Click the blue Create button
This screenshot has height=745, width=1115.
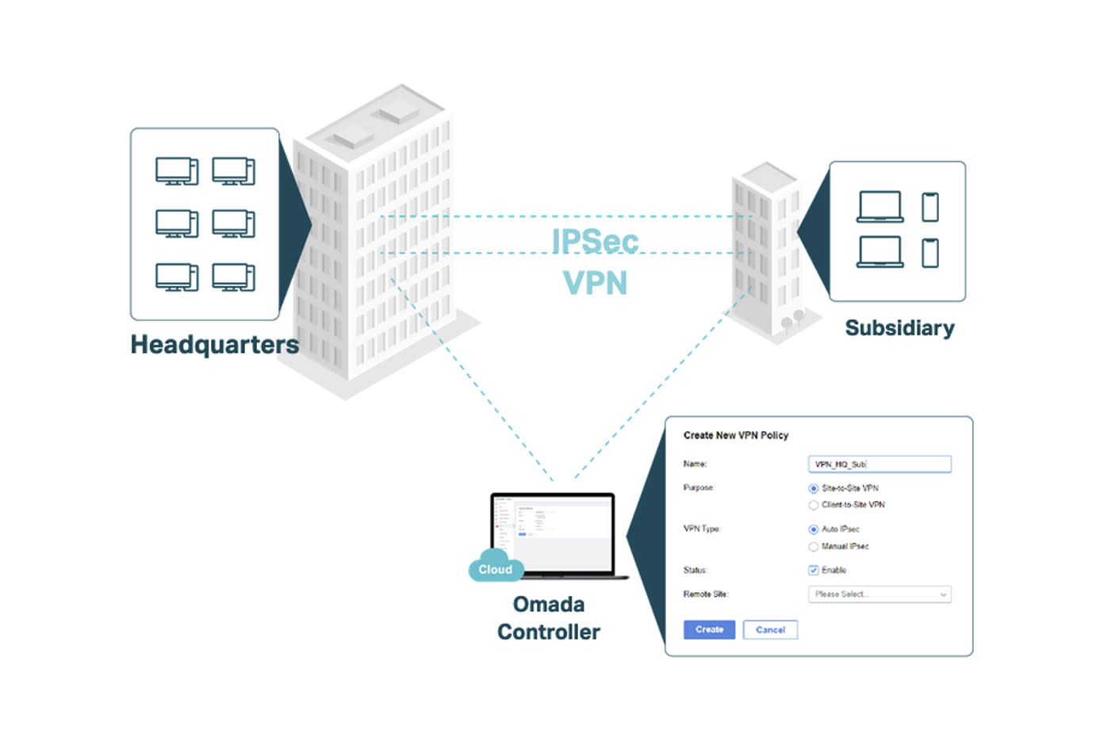pos(709,629)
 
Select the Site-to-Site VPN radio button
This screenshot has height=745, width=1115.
pos(813,489)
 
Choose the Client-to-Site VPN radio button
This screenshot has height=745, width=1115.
pos(813,505)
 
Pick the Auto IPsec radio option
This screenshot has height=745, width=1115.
pos(813,529)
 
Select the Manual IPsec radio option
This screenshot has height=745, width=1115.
pos(813,547)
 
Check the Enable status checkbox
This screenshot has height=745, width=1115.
pos(813,571)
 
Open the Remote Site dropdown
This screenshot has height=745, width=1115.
pos(879,594)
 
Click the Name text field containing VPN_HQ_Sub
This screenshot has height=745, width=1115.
pos(879,464)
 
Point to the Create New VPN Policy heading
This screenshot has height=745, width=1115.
pos(736,435)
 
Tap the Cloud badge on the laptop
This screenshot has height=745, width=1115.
pos(496,569)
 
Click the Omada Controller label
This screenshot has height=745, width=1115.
pos(549,618)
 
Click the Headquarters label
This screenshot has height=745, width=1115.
pos(214,345)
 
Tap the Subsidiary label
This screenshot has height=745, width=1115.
pos(899,328)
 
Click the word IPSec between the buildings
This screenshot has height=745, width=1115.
pos(595,242)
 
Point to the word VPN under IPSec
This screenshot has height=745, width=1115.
pos(595,283)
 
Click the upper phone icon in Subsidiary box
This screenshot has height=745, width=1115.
pos(930,208)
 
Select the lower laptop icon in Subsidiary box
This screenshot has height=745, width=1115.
pos(880,252)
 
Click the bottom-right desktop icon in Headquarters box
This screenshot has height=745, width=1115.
pos(234,277)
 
